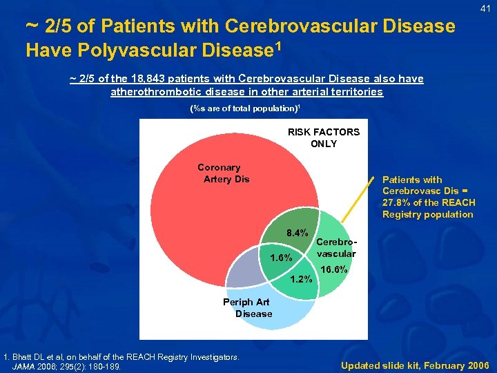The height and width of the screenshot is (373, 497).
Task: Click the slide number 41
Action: (486, 8)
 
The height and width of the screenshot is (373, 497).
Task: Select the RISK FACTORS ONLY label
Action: (324, 137)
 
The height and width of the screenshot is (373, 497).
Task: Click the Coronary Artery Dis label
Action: (223, 173)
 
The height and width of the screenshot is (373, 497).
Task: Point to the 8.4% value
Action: (297, 233)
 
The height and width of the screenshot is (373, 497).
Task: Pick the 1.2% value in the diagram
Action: (302, 279)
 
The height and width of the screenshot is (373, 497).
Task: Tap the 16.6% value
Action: (335, 269)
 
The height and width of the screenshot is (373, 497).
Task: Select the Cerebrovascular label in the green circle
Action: (336, 247)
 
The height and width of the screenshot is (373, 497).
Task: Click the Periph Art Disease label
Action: (246, 307)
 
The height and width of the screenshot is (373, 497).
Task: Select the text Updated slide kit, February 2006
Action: (415, 365)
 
